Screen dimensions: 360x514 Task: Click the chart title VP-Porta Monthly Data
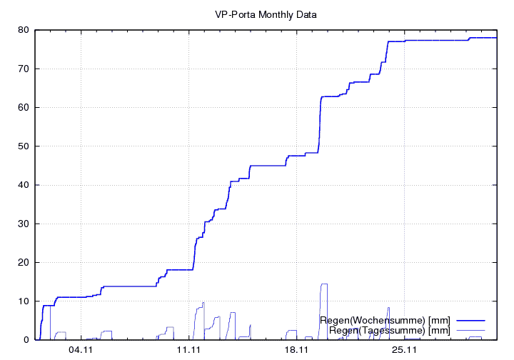point(266,14)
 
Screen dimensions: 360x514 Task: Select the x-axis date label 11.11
point(188,350)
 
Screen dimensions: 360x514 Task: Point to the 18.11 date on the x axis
point(296,350)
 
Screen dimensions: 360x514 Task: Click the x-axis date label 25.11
point(403,350)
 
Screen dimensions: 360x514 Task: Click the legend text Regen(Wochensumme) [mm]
point(385,320)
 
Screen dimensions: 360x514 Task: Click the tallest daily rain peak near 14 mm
point(324,284)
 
